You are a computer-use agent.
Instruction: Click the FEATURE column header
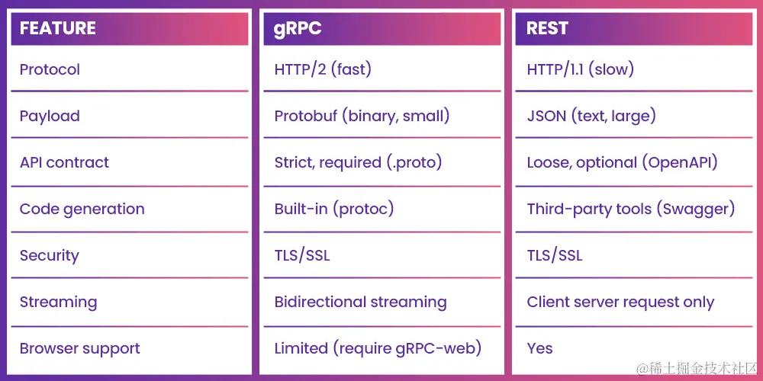[58, 29]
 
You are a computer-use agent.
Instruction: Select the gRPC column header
[298, 29]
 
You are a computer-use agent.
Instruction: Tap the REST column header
[547, 29]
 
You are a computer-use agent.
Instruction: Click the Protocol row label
[50, 69]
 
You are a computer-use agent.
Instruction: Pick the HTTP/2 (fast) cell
[323, 69]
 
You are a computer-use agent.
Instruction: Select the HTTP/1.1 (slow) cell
[580, 69]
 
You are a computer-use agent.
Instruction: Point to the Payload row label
[50, 116]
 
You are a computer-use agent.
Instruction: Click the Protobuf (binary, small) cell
[362, 116]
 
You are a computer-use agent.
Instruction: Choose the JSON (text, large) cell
[591, 116]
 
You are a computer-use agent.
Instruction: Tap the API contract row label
[64, 162]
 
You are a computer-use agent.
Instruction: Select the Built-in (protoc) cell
[333, 209]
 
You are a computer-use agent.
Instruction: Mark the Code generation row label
[82, 209]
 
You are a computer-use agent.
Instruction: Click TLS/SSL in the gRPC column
[302, 255]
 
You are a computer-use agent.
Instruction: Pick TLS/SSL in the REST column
[555, 255]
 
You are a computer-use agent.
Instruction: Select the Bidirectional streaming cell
[360, 302]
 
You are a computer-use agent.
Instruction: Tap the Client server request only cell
[620, 302]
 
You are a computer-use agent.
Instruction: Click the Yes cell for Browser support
[539, 348]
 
